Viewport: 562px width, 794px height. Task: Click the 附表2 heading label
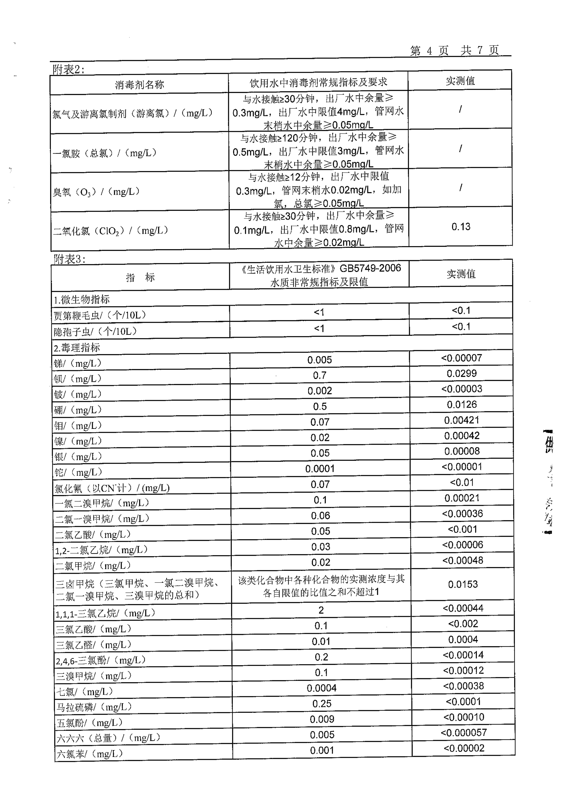coord(68,70)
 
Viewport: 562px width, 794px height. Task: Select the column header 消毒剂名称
coord(139,84)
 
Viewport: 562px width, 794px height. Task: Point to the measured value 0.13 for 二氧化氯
coord(461,227)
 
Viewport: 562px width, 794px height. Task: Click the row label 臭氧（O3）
coord(96,191)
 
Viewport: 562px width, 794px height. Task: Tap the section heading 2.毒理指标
coord(77,347)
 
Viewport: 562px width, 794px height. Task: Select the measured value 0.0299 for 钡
coord(462,373)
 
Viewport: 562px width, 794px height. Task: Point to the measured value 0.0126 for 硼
coord(462,405)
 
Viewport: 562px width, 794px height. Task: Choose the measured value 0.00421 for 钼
coord(462,420)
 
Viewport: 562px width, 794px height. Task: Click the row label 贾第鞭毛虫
coord(100,315)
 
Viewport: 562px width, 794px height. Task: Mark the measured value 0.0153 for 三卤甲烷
coord(463,584)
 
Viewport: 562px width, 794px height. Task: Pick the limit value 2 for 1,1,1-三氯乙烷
coord(321,610)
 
